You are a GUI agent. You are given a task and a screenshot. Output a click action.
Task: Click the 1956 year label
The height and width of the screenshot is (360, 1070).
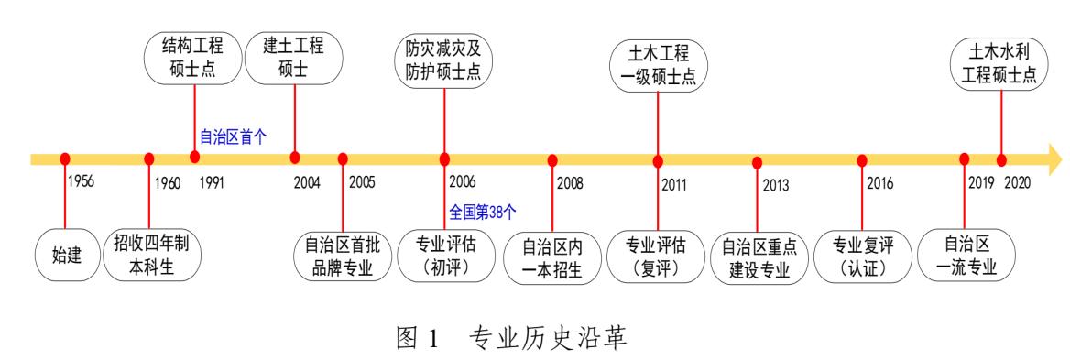[x=81, y=182]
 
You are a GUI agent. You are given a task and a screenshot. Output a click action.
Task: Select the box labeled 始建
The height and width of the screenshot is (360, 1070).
[x=67, y=255]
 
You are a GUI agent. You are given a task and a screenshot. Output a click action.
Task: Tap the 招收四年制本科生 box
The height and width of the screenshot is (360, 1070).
[x=151, y=255]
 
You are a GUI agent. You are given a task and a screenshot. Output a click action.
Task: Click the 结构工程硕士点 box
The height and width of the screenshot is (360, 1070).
[x=193, y=59]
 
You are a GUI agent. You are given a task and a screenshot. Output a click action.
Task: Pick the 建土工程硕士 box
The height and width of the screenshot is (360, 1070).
[x=294, y=59]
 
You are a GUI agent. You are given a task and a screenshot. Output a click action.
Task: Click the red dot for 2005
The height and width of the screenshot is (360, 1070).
[x=343, y=158]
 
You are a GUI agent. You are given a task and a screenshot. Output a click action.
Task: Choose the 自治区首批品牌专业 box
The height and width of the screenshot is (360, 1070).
[x=343, y=255]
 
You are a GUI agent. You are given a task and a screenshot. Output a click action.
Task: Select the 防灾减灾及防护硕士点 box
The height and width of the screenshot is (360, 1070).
[x=444, y=59]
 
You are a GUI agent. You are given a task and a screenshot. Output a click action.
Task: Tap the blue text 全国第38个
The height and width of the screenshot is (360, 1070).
[x=483, y=212]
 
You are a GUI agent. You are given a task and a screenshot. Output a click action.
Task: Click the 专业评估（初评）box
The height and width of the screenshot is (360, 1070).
[x=446, y=255]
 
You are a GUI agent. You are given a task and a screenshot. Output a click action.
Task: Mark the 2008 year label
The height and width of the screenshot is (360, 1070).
[x=570, y=183]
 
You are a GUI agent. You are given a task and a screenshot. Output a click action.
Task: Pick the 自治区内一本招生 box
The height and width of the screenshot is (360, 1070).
[x=551, y=257]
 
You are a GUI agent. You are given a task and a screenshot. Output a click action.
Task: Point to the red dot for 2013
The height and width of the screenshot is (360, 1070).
[x=757, y=162]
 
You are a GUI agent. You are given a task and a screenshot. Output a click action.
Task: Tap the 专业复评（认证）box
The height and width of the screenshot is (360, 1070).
[x=863, y=255]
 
